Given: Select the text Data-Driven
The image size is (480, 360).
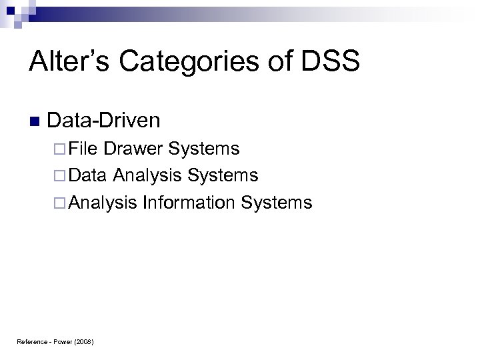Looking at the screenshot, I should (104, 120).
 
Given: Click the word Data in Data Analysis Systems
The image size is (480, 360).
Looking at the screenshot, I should (87, 175).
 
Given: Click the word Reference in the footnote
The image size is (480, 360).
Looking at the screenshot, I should (31, 342).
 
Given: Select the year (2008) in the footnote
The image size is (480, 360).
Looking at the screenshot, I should (85, 342).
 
